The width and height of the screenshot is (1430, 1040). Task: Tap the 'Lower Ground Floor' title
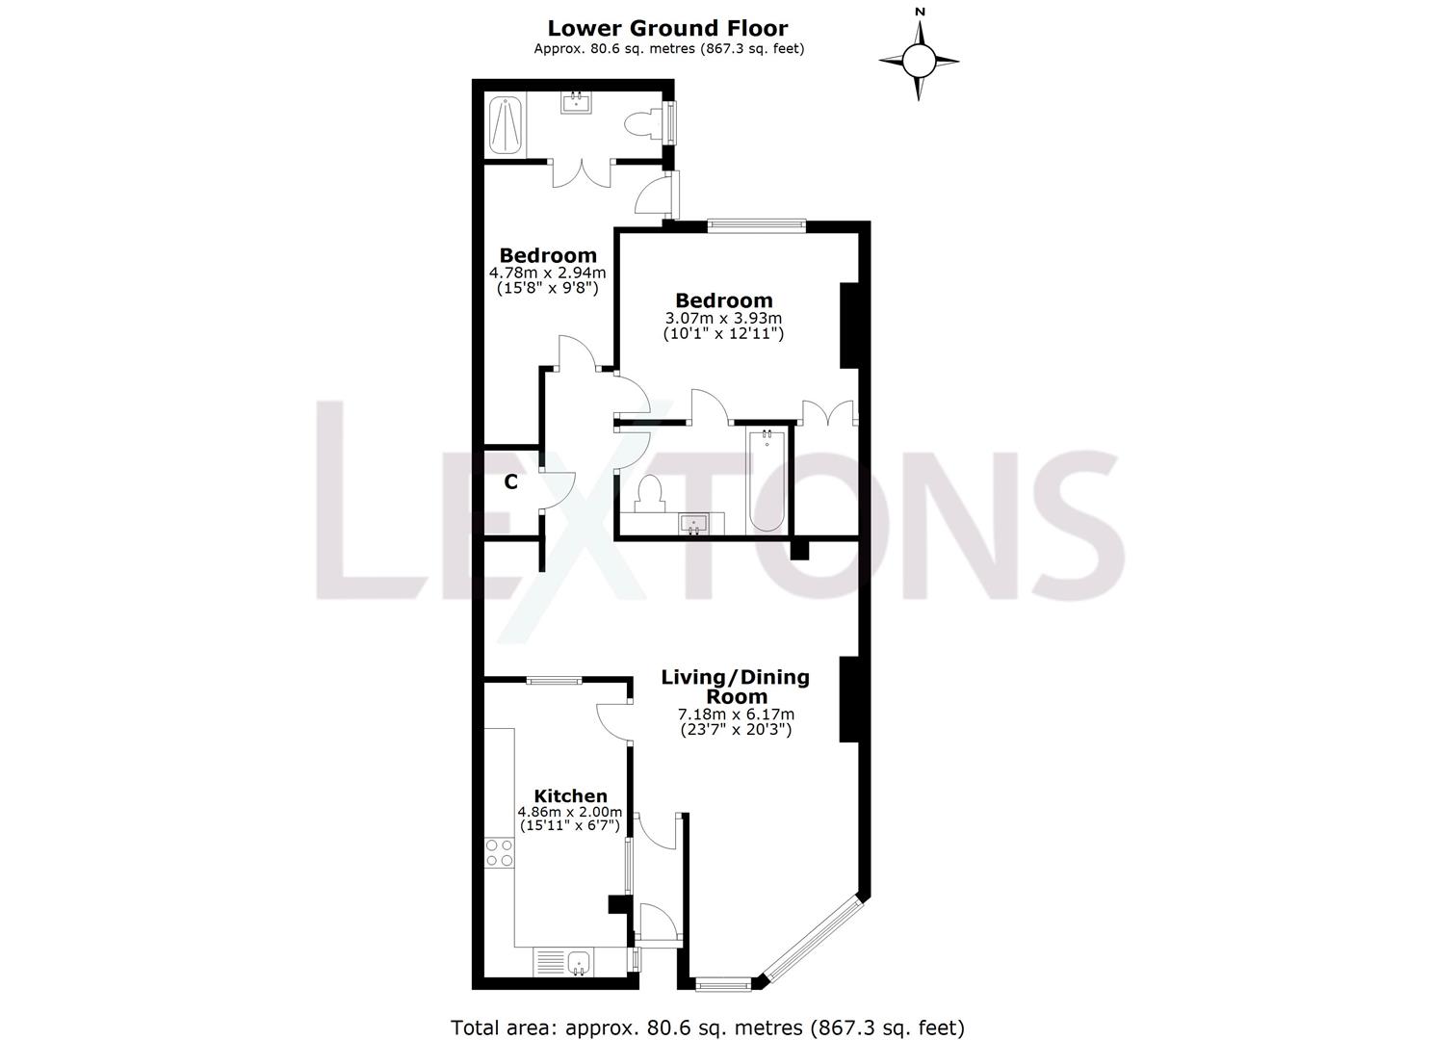click(668, 28)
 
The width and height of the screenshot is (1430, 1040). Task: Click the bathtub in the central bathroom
click(767, 480)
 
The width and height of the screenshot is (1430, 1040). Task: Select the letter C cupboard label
click(511, 481)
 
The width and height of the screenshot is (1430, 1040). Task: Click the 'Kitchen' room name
click(570, 795)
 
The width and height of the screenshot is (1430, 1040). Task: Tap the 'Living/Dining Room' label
click(736, 687)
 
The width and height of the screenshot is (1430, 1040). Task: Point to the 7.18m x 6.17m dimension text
click(736, 715)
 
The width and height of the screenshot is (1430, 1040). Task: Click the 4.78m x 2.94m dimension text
click(547, 273)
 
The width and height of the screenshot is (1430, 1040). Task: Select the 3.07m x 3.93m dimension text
click(723, 318)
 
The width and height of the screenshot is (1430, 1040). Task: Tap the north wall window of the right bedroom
click(756, 225)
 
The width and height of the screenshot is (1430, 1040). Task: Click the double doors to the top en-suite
click(582, 173)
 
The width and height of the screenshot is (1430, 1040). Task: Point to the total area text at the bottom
click(708, 1027)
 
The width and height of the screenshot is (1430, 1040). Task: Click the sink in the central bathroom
click(692, 523)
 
